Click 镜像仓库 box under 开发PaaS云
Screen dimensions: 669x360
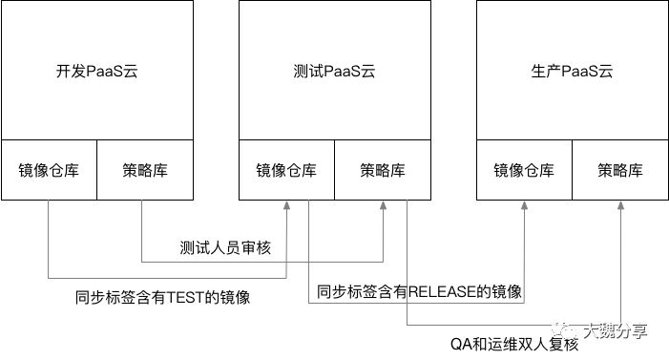[x=48, y=171]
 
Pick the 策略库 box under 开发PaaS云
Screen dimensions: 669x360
[x=143, y=171]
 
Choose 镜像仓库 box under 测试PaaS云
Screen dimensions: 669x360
[x=286, y=171]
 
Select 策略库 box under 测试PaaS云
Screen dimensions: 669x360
[x=382, y=171]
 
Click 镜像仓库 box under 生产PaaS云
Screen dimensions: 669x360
[x=524, y=171]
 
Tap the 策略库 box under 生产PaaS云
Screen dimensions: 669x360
[x=620, y=171]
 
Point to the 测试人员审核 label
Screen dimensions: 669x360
[x=226, y=248]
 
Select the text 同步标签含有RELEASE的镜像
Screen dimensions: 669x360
[x=419, y=291]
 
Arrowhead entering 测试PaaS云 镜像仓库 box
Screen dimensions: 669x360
[x=286, y=206]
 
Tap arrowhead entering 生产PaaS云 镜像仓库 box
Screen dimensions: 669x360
[x=525, y=206]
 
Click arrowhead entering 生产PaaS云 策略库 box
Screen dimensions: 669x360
[x=620, y=206]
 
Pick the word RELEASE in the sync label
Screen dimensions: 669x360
[x=439, y=291]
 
